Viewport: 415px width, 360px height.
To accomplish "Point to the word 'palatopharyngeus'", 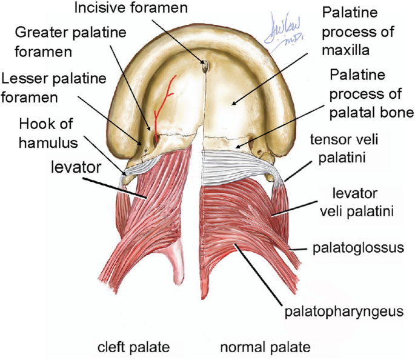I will click(x=344, y=312).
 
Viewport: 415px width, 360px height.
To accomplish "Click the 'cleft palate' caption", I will click(x=133, y=347).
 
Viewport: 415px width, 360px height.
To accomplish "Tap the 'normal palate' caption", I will click(x=265, y=347).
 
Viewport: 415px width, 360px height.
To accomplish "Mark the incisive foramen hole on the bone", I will click(x=205, y=65).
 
